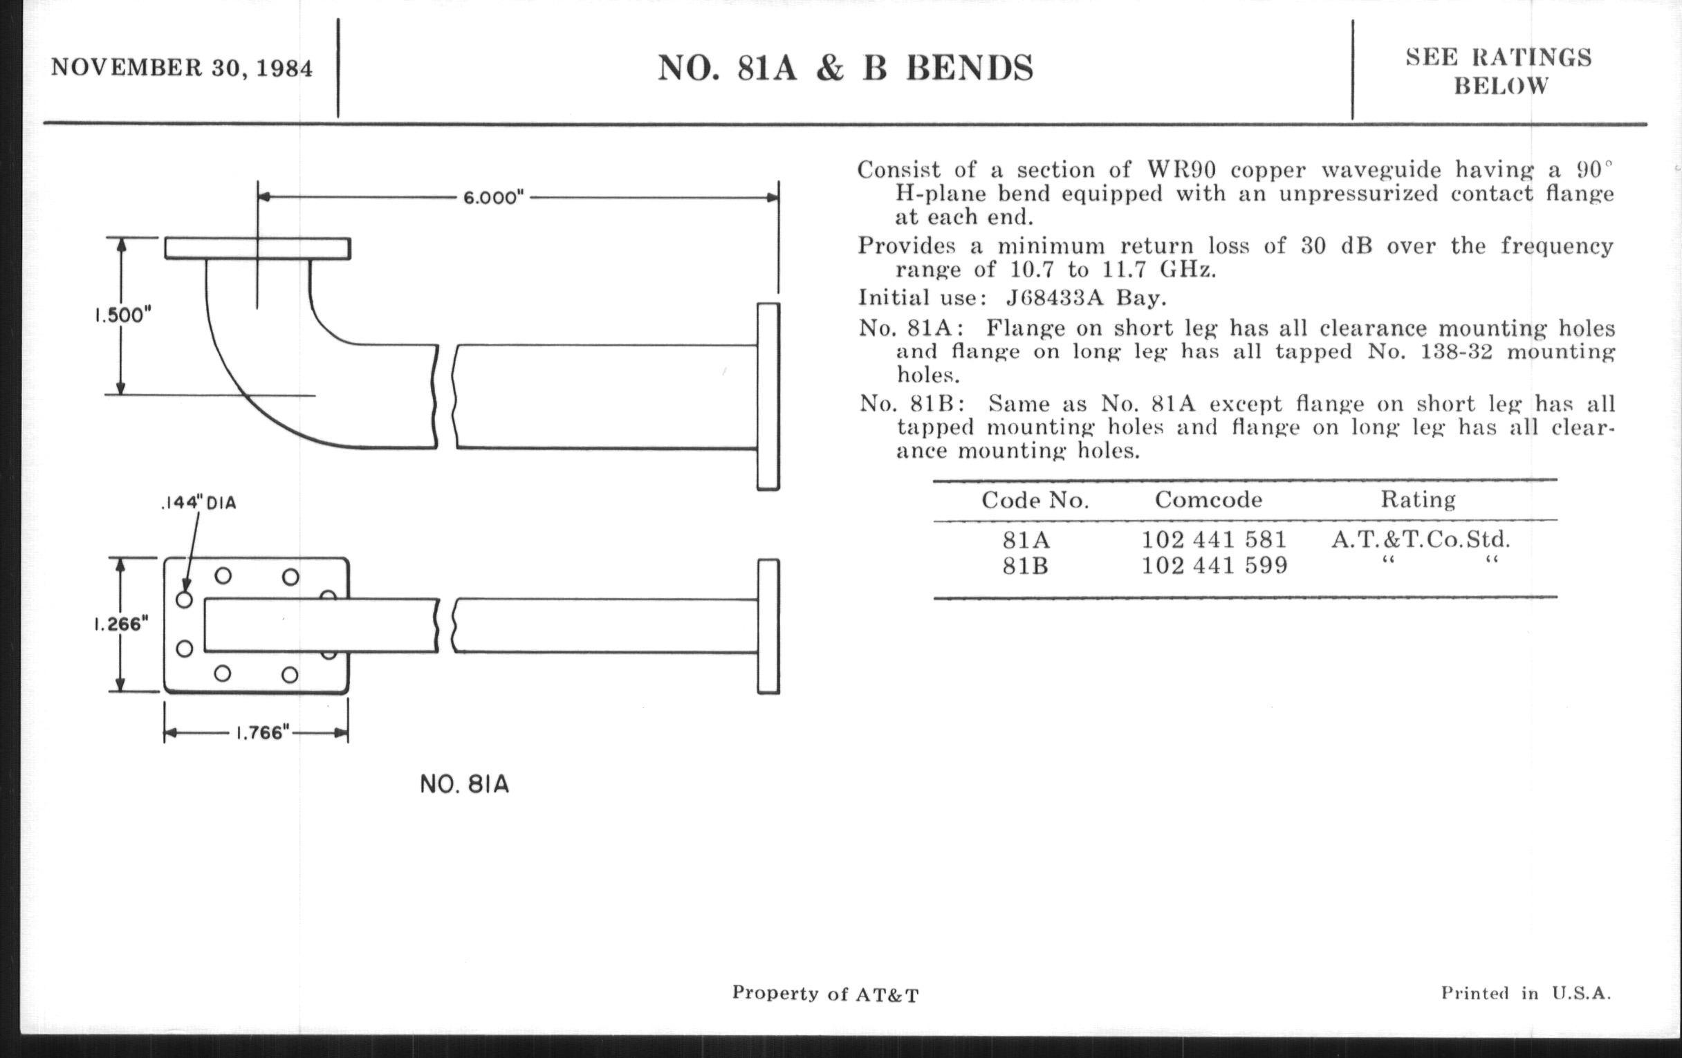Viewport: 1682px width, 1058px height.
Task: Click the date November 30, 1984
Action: (182, 68)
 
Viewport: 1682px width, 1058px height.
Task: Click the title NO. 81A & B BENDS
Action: (845, 68)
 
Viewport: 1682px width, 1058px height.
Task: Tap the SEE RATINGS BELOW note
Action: (1499, 71)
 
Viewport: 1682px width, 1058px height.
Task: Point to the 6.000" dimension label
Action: (494, 198)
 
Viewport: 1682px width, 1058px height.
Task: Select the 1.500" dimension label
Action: (123, 315)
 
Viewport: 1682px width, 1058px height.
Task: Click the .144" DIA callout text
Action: (198, 503)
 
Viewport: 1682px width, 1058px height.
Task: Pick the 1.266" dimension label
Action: (122, 624)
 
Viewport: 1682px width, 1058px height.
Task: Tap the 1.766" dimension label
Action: (262, 732)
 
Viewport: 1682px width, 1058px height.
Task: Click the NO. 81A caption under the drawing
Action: (465, 784)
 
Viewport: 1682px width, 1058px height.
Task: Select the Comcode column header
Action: (1208, 499)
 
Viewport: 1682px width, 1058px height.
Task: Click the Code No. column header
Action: (1035, 500)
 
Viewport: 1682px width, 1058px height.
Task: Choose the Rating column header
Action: (1418, 500)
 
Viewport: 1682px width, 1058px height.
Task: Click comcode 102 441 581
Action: (1214, 539)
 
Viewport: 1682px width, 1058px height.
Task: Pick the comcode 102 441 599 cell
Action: (1214, 565)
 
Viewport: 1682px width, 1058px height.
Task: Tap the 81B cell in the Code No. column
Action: (1026, 566)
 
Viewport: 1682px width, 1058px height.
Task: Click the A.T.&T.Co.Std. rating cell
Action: (1421, 539)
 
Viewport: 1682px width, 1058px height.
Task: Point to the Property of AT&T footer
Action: (826, 994)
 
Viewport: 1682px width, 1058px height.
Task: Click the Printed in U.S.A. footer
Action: (1526, 993)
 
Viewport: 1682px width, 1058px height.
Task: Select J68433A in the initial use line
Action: (1055, 298)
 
